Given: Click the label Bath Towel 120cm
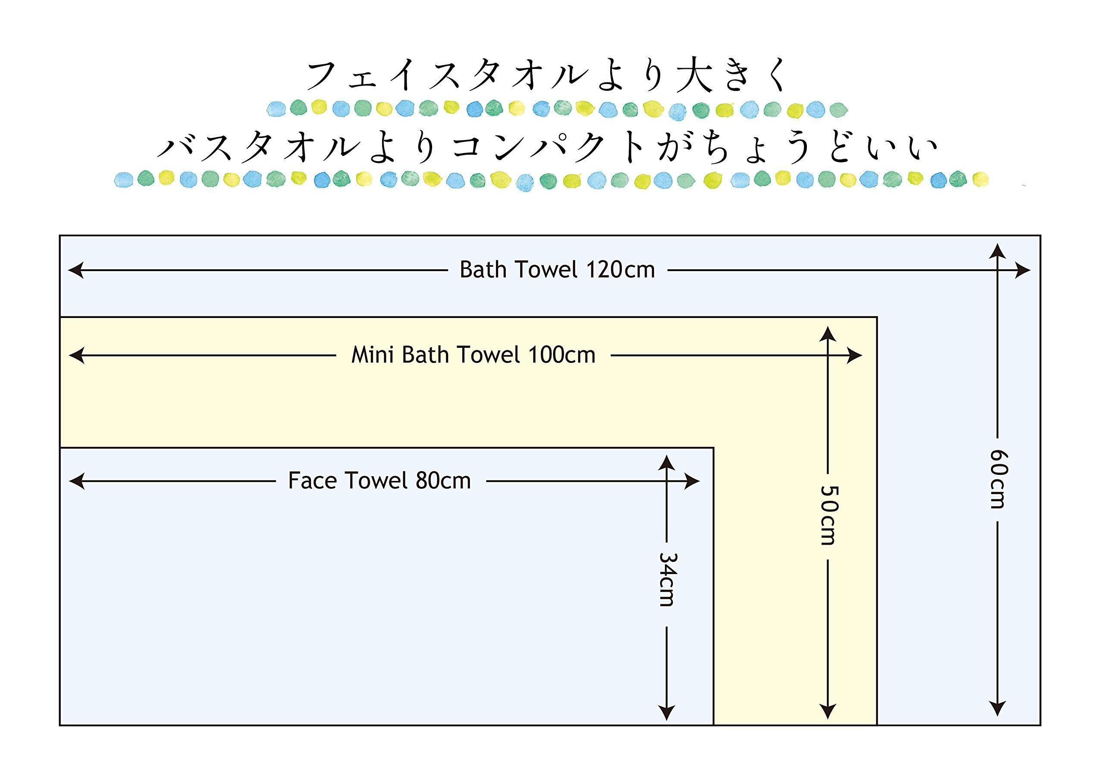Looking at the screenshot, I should click(x=557, y=270).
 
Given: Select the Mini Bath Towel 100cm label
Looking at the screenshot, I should click(x=473, y=356).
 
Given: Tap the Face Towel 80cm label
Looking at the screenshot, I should click(x=379, y=480).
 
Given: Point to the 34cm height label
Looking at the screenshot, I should click(x=666, y=579).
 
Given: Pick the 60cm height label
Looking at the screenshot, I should click(x=998, y=479).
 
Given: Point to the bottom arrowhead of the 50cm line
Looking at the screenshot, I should click(x=828, y=711).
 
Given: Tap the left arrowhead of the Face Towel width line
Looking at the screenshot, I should click(x=76, y=481).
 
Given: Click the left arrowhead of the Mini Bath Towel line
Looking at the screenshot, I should click(x=76, y=356).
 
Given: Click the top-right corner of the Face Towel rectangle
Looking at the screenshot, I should click(x=713, y=448).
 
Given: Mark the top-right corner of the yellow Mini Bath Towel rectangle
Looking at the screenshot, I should click(x=877, y=317).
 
